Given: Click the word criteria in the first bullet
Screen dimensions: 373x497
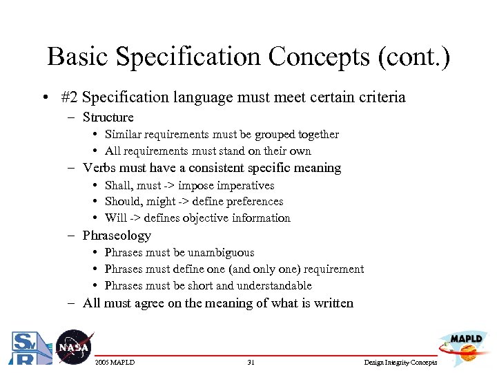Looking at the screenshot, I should [378, 97].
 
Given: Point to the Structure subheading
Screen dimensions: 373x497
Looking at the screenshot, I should [108, 117].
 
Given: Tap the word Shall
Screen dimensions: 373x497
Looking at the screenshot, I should [118, 185].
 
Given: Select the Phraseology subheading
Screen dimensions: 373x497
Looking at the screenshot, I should [117, 236].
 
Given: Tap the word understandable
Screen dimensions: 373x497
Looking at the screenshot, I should [274, 286].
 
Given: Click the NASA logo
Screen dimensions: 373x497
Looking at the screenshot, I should [72, 347].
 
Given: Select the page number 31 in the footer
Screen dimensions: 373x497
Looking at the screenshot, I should [251, 363].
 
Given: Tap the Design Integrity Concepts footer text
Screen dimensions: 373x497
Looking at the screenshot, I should [401, 363].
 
